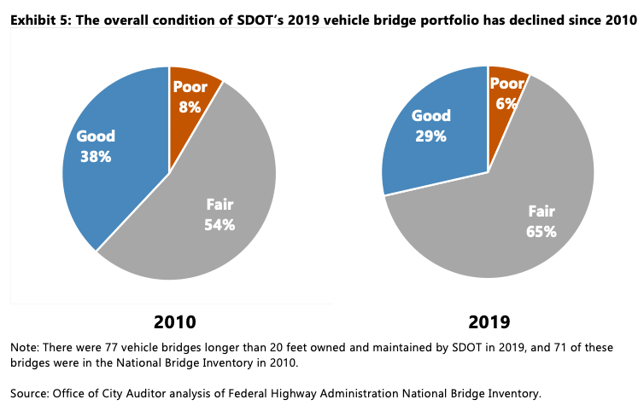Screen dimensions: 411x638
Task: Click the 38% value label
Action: coord(97,156)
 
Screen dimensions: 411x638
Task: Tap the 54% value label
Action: coord(219,225)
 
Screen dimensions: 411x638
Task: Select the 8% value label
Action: coord(190,107)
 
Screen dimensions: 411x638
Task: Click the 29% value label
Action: coord(430,136)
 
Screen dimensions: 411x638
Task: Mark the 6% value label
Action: coord(506,104)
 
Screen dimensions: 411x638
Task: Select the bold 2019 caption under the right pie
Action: coord(489,322)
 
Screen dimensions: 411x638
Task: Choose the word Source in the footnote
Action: coord(28,393)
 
